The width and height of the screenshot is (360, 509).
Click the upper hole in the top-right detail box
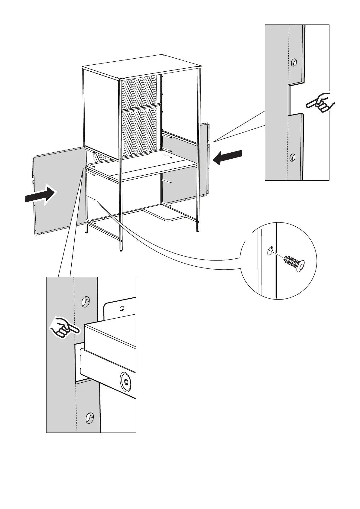(294, 63)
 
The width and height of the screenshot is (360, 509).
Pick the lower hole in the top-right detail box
(292, 157)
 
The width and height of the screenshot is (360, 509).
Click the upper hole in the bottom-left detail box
(86, 301)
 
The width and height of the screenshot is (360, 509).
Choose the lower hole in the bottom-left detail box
(89, 417)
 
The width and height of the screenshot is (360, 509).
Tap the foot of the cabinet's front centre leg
(122, 249)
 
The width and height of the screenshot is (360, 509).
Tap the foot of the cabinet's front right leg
(198, 231)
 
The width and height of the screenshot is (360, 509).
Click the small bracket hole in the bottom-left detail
(122, 309)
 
